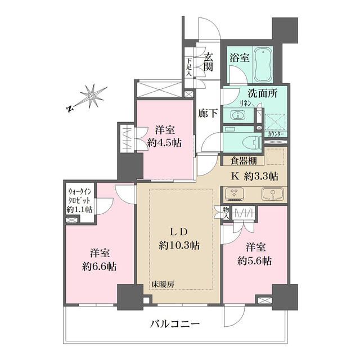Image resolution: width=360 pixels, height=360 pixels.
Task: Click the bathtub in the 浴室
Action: [263, 66]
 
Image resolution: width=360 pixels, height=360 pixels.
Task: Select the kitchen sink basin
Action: [272, 195]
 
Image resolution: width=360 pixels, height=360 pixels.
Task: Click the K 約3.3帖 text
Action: [255, 175]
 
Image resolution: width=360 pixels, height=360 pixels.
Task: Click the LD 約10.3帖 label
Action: [179, 238]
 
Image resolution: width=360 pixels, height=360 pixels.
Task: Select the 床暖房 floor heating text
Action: [163, 284]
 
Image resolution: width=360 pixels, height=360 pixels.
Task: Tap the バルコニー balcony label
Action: [174, 325]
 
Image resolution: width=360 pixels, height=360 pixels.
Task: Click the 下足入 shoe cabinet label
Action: [190, 66]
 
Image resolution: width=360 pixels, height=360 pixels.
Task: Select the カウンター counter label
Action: [276, 134]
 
